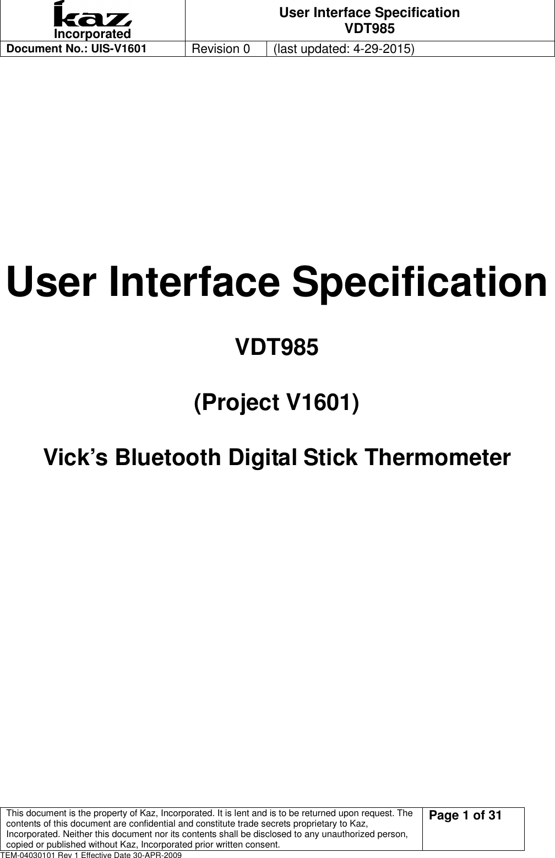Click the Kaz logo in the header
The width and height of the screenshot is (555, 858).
[92, 15]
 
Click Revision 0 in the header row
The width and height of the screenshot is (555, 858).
[220, 48]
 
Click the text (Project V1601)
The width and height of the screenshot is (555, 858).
[276, 403]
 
